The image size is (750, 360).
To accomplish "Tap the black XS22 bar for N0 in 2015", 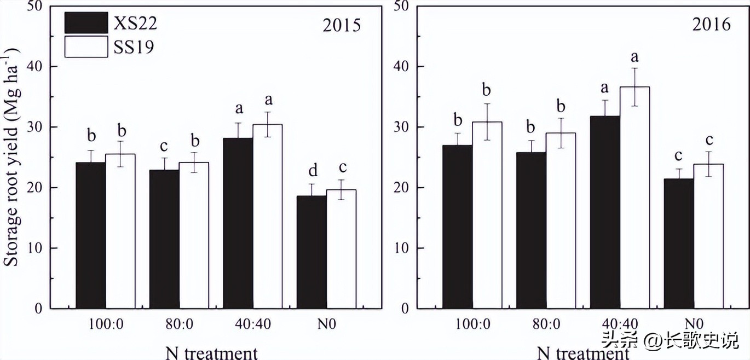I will (x=311, y=252).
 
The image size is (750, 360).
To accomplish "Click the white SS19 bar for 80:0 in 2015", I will (x=194, y=235).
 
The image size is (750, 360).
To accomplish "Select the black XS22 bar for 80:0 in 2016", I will (x=531, y=230).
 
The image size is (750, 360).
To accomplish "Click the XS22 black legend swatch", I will (x=86, y=23).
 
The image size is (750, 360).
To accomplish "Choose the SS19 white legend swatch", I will (x=86, y=47).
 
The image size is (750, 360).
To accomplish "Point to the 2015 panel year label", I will (x=341, y=26).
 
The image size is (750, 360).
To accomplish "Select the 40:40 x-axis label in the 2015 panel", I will (x=252, y=323).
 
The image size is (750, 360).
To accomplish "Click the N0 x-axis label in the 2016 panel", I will (x=694, y=323).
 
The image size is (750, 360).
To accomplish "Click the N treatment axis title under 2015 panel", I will (x=211, y=352).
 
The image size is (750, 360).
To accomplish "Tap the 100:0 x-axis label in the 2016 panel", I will (x=472, y=323).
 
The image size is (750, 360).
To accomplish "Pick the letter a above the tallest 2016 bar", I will (x=635, y=56).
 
